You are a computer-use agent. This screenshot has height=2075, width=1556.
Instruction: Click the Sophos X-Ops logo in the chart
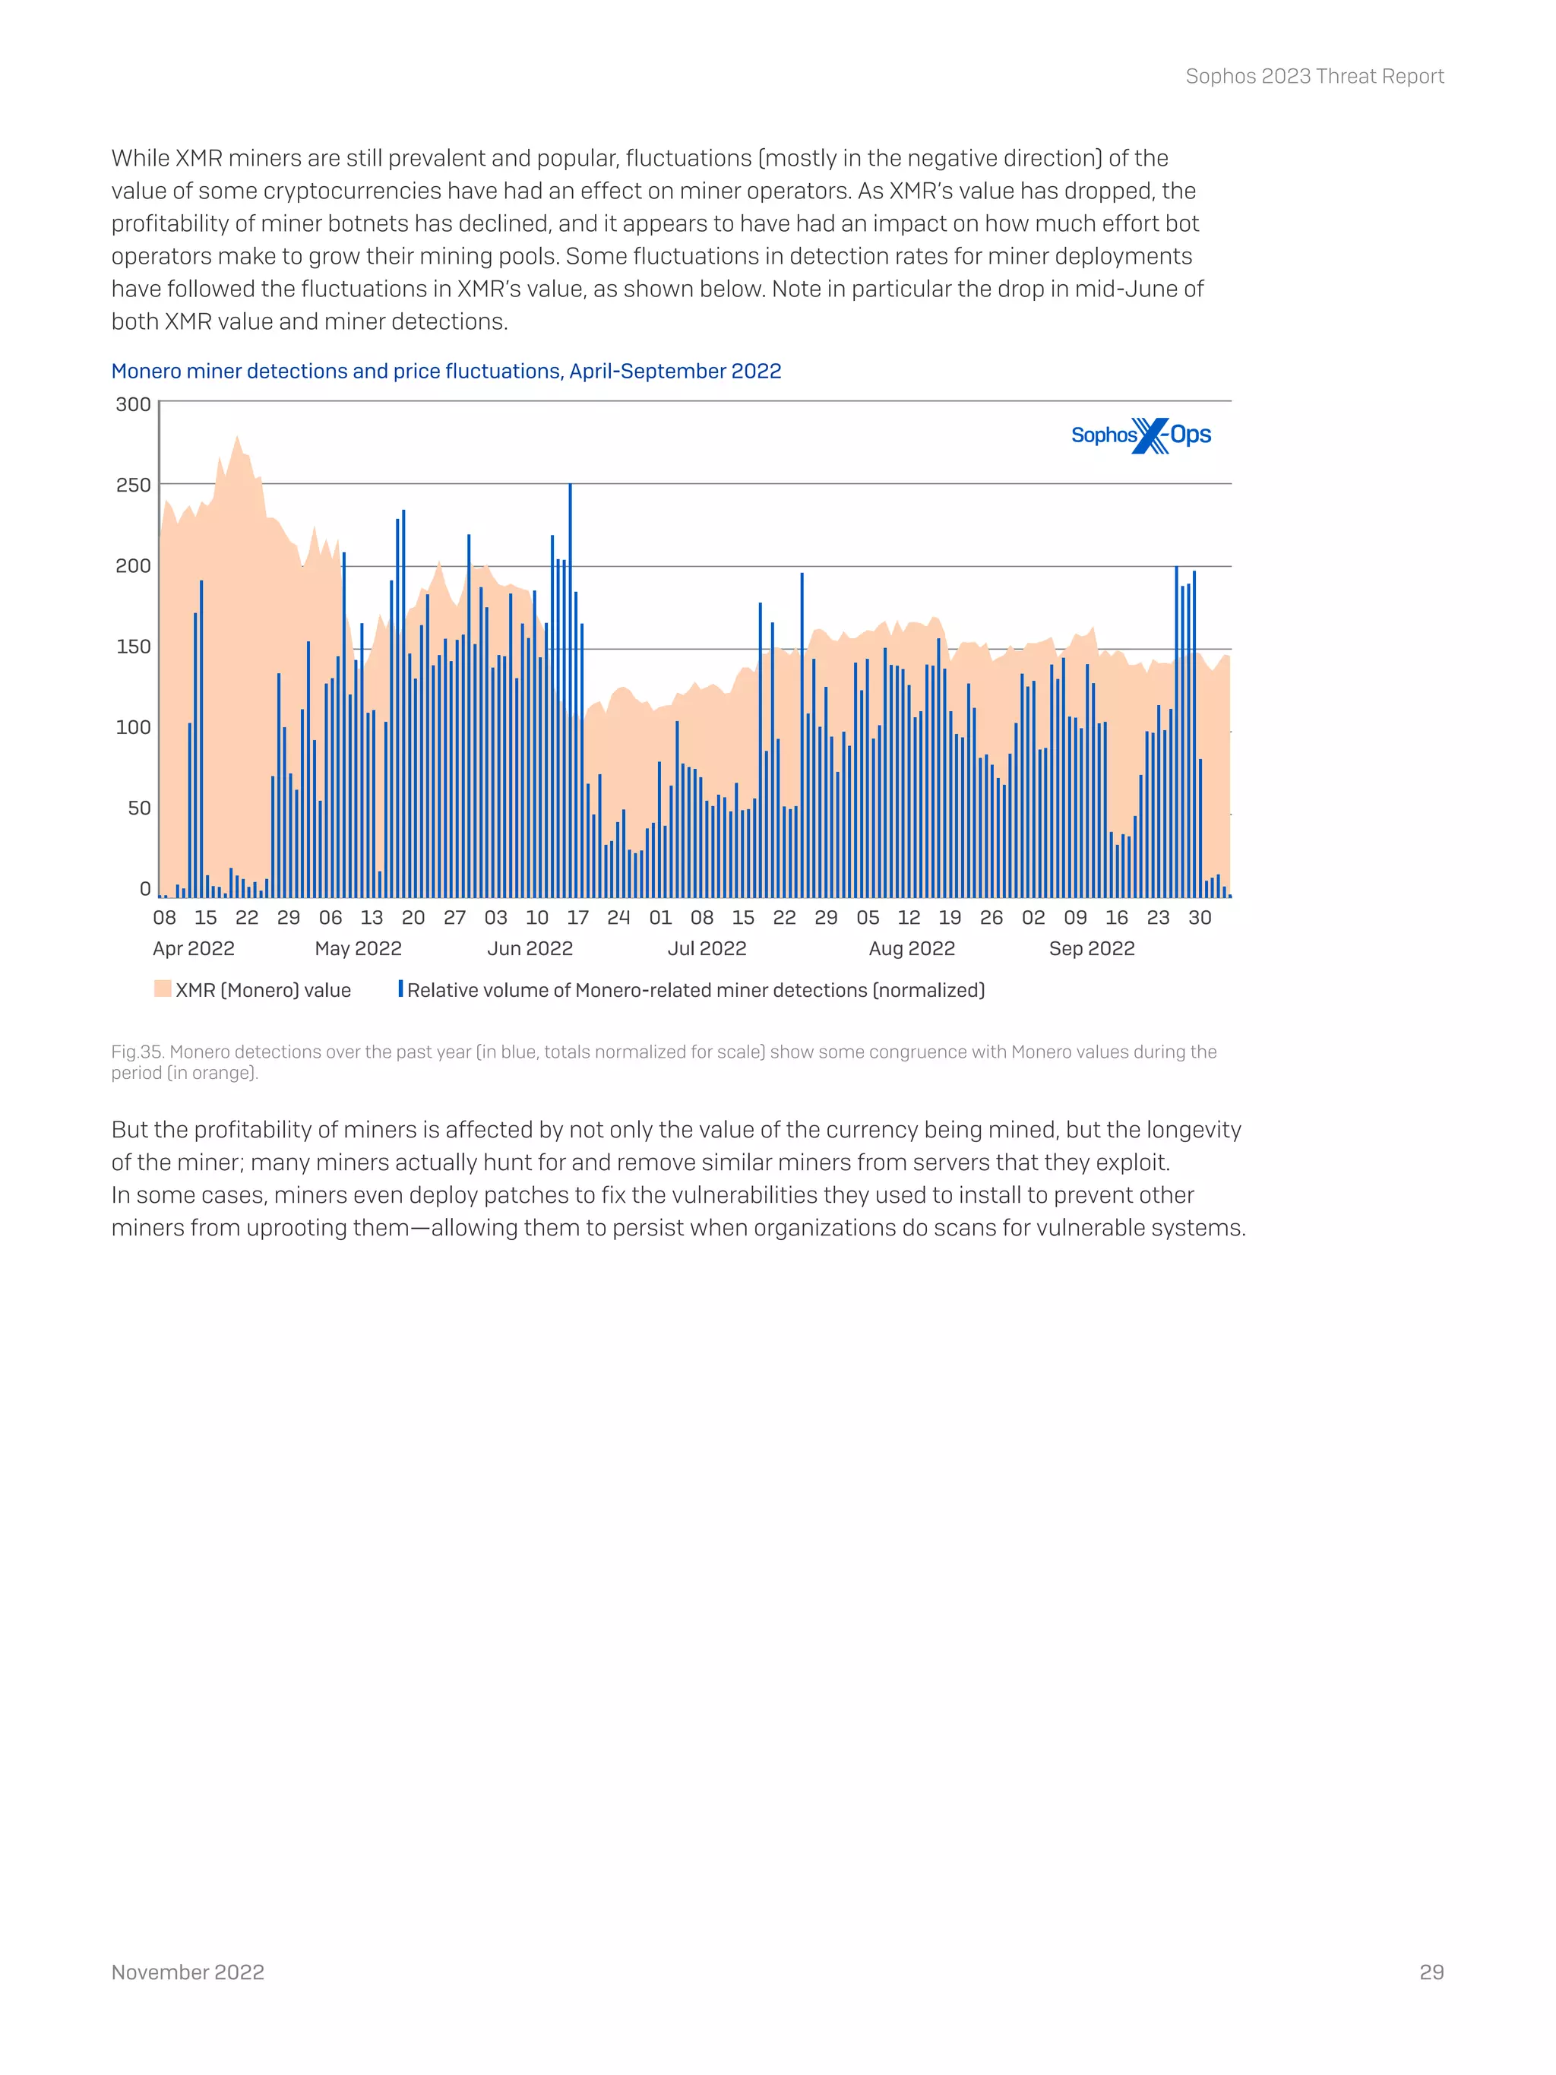[x=1140, y=435]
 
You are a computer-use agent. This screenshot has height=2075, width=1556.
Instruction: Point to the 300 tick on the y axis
[x=132, y=404]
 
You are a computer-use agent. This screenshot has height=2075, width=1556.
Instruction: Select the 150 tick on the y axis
[x=132, y=647]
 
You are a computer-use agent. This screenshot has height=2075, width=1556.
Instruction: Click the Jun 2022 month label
[x=529, y=948]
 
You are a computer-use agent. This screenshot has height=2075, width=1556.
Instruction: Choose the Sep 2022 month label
[x=1091, y=948]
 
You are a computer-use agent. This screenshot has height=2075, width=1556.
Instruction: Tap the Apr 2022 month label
[x=193, y=948]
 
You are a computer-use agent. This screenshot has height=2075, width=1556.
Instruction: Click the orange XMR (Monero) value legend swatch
[x=163, y=988]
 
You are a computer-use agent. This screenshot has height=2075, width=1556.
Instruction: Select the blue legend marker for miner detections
[x=400, y=988]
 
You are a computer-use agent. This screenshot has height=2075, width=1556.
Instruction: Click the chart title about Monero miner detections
[x=445, y=372]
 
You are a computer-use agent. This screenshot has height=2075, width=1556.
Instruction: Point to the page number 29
[x=1431, y=1972]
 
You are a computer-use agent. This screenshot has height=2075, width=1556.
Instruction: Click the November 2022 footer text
[x=188, y=1972]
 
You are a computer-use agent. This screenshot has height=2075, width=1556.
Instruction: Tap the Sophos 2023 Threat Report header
[x=1314, y=77]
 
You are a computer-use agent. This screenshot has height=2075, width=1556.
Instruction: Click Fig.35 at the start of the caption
[x=137, y=1052]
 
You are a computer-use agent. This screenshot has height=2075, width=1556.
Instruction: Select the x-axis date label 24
[x=618, y=917]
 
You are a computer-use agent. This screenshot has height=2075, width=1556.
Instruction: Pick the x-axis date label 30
[x=1200, y=917]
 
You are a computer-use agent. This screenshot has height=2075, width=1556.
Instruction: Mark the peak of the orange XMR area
[x=237, y=438]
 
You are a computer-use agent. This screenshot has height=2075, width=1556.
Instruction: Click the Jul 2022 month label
[x=707, y=948]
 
